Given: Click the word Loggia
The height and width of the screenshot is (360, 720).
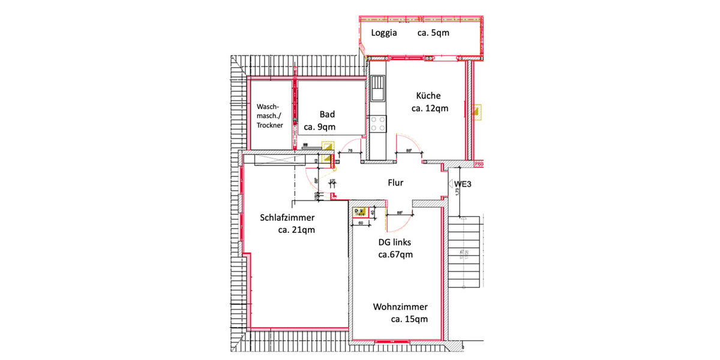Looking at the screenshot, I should coord(384,33).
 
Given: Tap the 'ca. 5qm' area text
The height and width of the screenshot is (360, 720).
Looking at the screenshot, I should coord(433,33).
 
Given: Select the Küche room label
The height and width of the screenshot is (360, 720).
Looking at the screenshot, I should coord(428,95).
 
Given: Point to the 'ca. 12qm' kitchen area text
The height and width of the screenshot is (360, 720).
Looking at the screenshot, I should coord(430,109).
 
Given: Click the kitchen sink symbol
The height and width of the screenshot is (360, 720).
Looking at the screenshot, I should coord(378,89).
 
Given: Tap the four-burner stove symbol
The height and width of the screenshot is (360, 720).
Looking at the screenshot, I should coord(378,124).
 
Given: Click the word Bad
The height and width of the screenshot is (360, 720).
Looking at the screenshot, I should coord(327,114).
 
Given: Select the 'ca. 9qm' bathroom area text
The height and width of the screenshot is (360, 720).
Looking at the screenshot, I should coord(320,127).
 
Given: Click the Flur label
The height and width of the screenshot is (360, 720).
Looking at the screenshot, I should coord(395,183).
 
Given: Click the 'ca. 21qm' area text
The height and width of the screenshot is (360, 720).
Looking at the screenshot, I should coord(296,230).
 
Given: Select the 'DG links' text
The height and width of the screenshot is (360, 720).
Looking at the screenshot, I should coord(394,242).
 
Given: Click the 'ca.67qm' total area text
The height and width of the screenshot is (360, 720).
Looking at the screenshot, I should coord(395,254).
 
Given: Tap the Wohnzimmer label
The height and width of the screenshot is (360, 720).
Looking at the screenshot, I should coord(400,307).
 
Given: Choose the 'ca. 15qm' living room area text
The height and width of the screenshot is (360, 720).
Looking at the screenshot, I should coord(409,319).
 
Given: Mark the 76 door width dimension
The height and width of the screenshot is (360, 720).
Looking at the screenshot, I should coord(349,151).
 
